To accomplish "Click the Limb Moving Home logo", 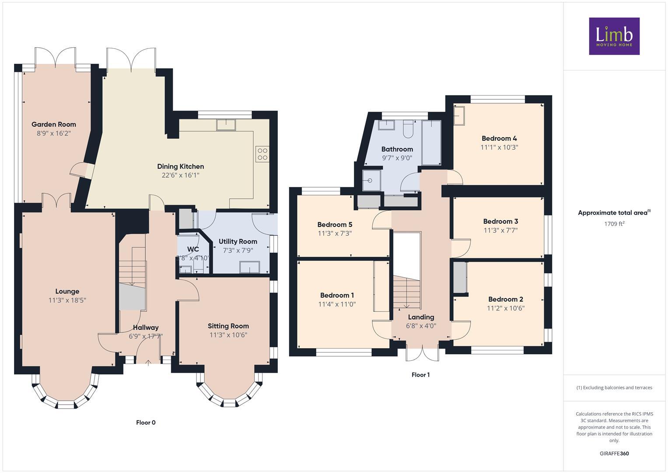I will [x=614, y=36].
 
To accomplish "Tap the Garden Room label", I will [x=54, y=124].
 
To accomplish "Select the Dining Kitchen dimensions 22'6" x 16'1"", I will [x=180, y=175].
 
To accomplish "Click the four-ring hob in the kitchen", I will [x=262, y=154].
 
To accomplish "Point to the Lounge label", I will [x=67, y=291].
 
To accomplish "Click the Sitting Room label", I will [x=228, y=326].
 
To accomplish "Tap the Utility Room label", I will [x=238, y=241].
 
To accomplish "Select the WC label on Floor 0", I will [x=193, y=249].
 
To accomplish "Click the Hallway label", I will [x=146, y=327].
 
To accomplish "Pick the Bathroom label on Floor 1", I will [x=397, y=149].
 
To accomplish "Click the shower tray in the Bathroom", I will [x=371, y=180].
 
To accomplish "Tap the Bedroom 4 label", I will [x=499, y=138].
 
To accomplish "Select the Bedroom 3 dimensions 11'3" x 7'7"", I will [x=500, y=230].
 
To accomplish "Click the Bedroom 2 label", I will [x=506, y=299].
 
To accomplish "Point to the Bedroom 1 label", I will [x=337, y=295].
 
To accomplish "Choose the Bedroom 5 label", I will [x=335, y=225].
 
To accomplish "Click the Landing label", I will [x=421, y=317].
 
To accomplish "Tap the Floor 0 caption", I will [x=146, y=423].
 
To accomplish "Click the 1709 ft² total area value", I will [x=614, y=224].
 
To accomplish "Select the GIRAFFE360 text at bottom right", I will [x=614, y=453].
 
